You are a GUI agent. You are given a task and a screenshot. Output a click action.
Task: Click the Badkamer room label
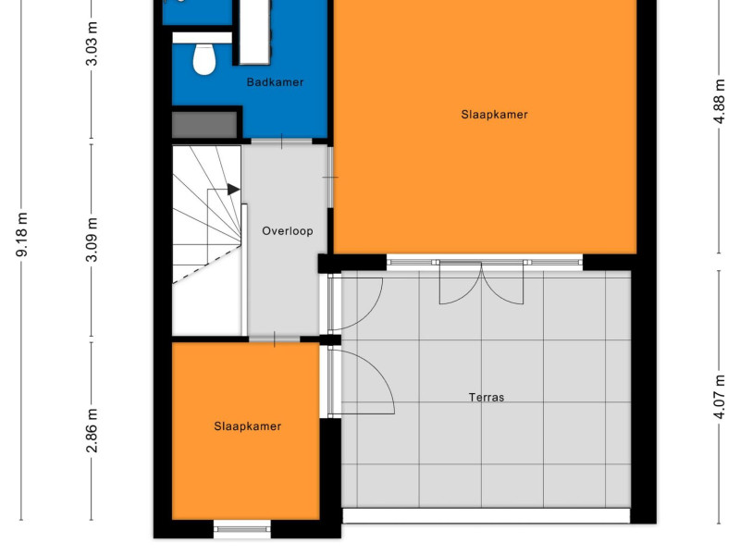(275, 82)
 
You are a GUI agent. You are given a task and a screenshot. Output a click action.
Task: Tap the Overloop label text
(288, 230)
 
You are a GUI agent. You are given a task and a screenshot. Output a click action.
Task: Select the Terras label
(487, 398)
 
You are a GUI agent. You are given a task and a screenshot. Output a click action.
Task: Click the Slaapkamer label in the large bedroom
(494, 114)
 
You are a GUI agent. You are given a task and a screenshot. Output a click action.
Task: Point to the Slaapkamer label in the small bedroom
(248, 426)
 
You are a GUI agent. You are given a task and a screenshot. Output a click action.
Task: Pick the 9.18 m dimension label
(22, 235)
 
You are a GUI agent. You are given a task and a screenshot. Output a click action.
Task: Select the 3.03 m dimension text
(92, 43)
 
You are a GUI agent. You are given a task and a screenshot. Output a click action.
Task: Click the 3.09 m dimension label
(92, 240)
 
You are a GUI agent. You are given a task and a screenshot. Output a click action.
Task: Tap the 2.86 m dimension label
(92, 430)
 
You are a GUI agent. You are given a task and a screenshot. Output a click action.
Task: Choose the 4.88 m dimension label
(719, 102)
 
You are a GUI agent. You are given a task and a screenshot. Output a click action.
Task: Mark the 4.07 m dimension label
(719, 397)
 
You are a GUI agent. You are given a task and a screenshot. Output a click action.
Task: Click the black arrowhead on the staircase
(233, 190)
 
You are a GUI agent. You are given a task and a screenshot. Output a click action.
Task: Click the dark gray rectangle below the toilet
(204, 125)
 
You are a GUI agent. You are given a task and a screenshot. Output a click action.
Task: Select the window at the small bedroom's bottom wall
(242, 529)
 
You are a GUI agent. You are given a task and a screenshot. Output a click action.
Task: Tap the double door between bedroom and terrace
(481, 282)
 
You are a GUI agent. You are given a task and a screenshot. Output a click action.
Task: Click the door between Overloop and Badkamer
(282, 142)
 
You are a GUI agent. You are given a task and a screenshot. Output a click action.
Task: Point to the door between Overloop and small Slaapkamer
(274, 339)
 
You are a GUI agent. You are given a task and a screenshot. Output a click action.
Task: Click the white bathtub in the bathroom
(255, 31)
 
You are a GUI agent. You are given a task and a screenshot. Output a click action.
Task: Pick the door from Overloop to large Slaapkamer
(330, 178)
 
